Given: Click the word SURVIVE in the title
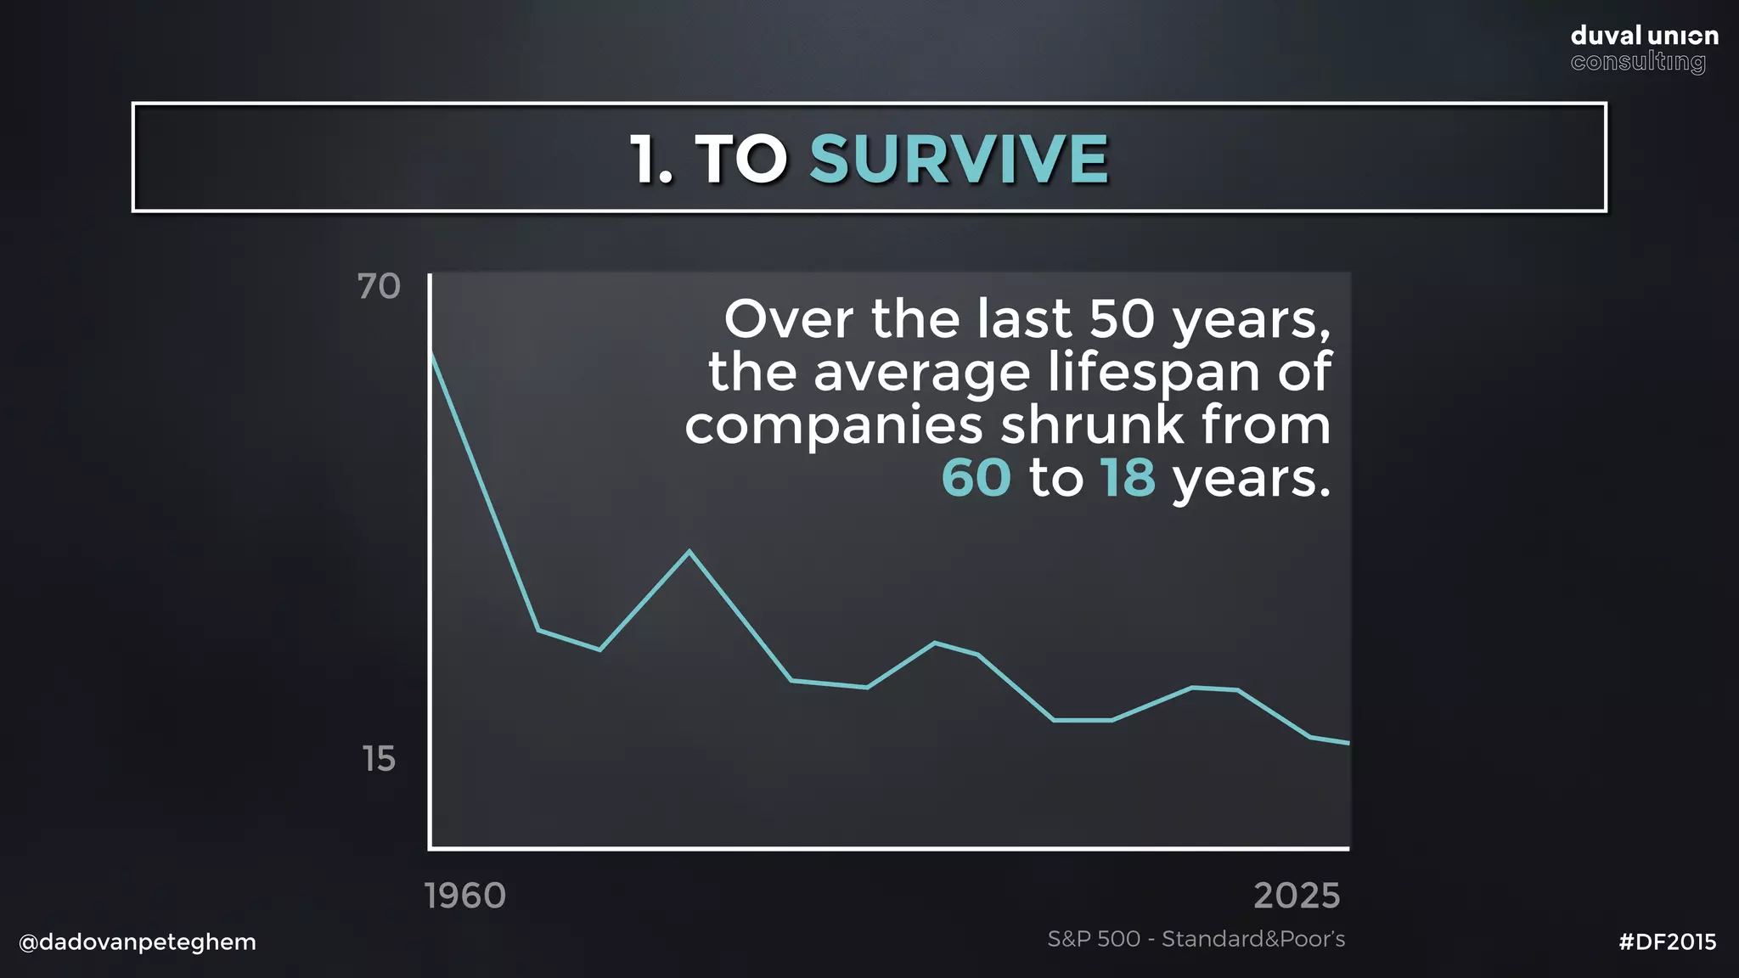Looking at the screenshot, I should coord(959,159).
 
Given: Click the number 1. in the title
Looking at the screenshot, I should coord(651,160).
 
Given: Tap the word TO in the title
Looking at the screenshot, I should coord(741,160).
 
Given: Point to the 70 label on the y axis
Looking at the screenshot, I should coord(379,287).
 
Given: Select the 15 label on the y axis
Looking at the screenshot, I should coord(379,759).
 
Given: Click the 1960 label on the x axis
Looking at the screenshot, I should coord(464,896).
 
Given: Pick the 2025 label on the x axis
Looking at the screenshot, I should coord(1297,896).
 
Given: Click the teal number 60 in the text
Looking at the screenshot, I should coord(976,478).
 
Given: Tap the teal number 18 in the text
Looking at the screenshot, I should coord(1128,478).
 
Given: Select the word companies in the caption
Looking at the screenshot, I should coord(833,425).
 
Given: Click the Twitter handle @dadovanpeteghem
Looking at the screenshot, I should coord(138,942).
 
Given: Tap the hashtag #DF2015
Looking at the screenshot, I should coord(1668,942).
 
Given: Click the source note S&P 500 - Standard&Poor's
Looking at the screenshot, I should coord(1196,939).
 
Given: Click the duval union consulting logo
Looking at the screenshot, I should coord(1644,48).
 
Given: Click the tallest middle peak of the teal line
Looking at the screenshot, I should coord(689,552).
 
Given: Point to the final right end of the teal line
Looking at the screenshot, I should coord(1348,743).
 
